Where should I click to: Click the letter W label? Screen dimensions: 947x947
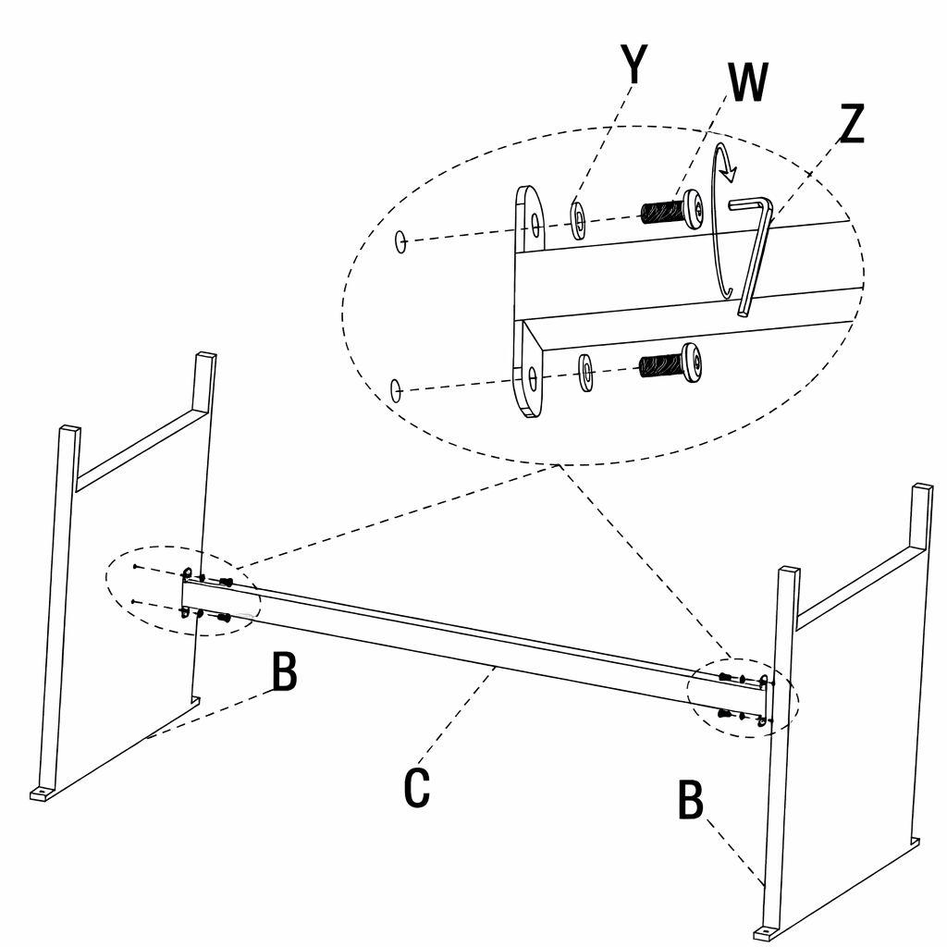click(x=747, y=83)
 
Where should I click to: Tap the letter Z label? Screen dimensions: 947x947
click(x=850, y=125)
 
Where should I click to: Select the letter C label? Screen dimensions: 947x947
click(x=417, y=787)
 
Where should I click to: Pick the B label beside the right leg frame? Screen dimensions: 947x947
click(x=691, y=801)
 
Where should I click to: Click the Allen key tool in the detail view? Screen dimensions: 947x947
click(x=754, y=250)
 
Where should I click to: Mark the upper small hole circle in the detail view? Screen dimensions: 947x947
click(x=400, y=241)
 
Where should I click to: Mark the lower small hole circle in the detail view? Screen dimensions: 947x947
click(x=396, y=389)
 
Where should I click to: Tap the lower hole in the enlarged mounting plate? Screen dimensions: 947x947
click(x=534, y=377)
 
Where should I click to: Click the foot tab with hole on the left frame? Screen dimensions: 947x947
click(x=42, y=793)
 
